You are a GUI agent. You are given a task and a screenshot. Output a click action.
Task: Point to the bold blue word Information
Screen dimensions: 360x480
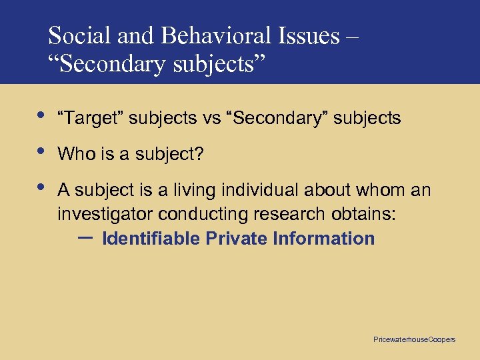point(323,239)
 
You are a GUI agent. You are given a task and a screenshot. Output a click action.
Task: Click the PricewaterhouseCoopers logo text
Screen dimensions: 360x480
point(414,340)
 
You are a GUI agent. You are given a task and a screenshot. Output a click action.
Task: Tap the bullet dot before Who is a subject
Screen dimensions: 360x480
point(41,151)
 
